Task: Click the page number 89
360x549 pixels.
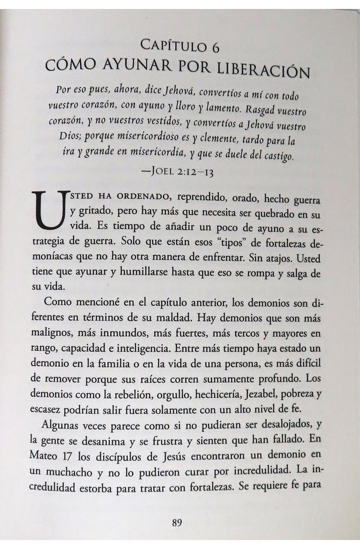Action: point(179,522)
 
